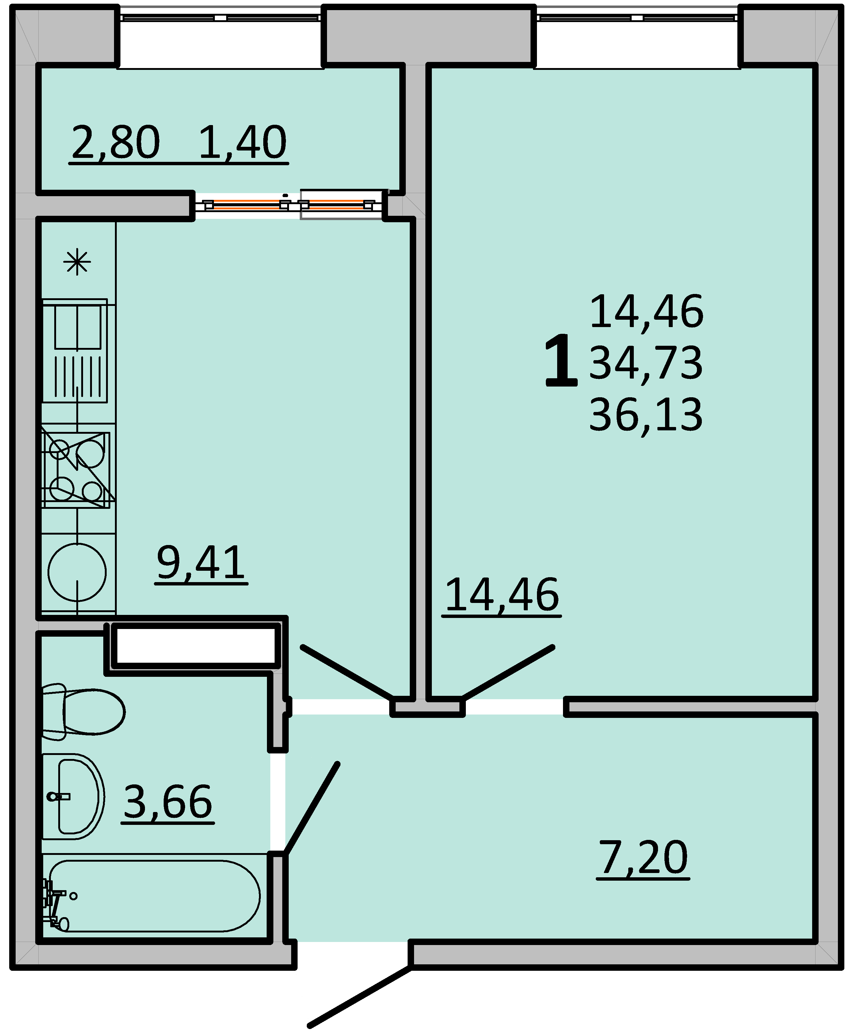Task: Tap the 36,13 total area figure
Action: tap(646, 415)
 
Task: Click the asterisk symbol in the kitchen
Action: tap(77, 263)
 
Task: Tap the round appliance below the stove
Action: tap(77, 572)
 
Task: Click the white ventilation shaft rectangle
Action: tap(195, 645)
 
